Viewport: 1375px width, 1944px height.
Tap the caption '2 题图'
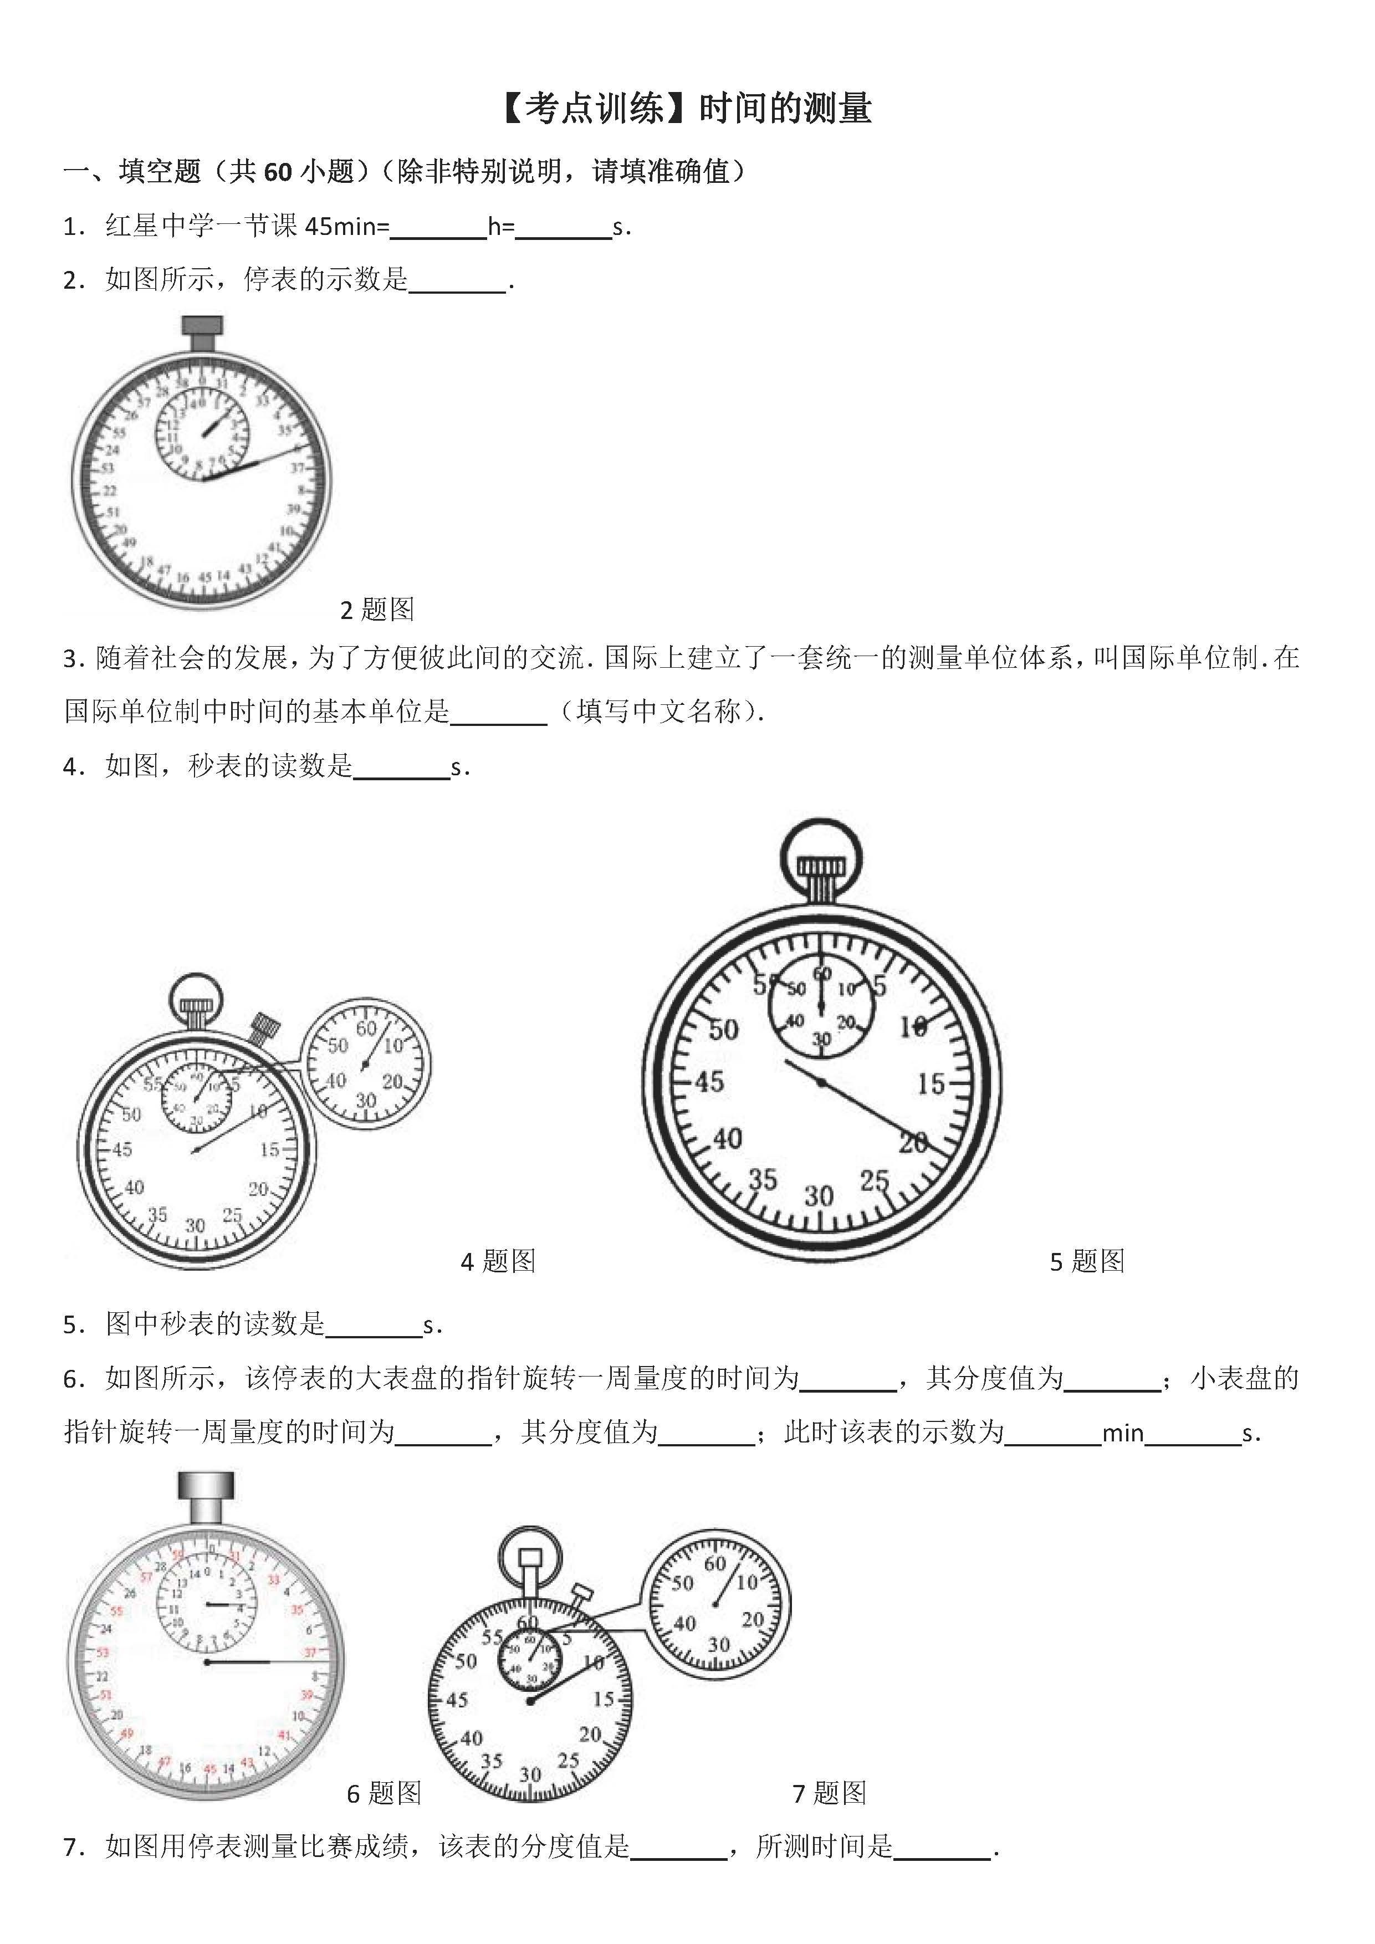coord(377,610)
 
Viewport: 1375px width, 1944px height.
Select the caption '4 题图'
coord(498,1262)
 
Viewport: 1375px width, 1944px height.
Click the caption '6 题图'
coord(384,1793)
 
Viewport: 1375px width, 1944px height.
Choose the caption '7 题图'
coord(829,1793)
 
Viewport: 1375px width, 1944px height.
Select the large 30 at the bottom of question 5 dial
coord(819,1196)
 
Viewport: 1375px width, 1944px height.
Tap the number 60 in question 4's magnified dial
coord(366,1029)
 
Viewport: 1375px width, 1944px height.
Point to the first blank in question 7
coord(679,1846)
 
